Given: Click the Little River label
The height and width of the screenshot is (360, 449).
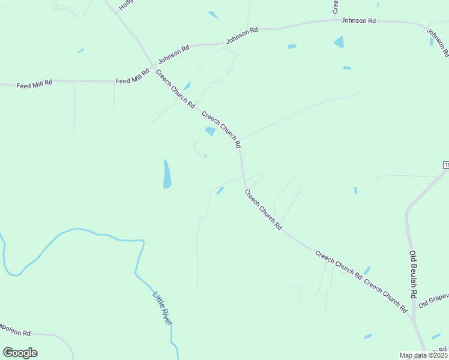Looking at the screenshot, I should [x=162, y=308].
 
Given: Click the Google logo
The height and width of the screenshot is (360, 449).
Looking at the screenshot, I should [x=20, y=353].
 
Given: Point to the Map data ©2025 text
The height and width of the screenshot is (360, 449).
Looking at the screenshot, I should [x=423, y=355].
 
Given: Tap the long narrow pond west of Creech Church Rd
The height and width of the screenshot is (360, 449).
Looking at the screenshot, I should [x=167, y=174].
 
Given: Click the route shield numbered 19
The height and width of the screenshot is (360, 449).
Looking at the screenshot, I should [x=446, y=164].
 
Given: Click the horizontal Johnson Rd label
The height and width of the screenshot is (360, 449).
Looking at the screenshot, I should [x=358, y=21].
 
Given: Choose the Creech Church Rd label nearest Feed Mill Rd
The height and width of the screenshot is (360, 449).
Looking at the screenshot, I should [x=175, y=89].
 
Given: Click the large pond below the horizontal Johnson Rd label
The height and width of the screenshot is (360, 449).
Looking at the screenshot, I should [x=339, y=42].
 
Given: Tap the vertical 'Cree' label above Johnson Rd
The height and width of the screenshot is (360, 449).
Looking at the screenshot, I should [x=336, y=7].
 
